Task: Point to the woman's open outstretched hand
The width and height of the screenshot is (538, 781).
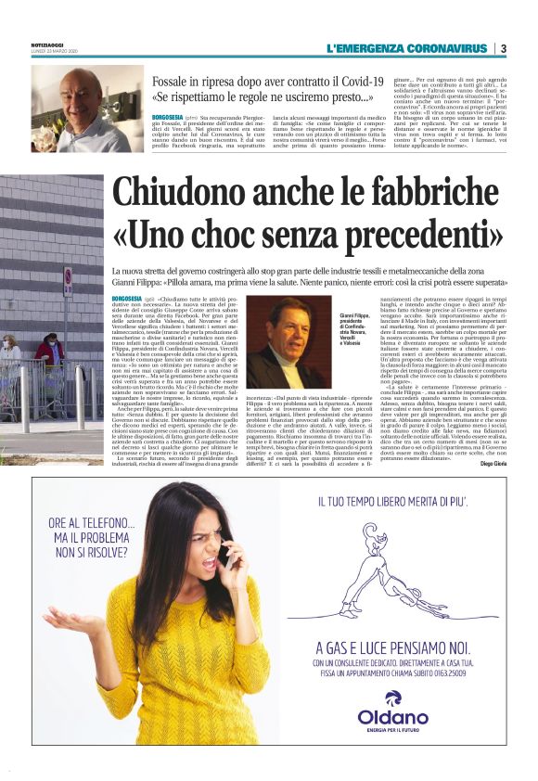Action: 67,621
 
